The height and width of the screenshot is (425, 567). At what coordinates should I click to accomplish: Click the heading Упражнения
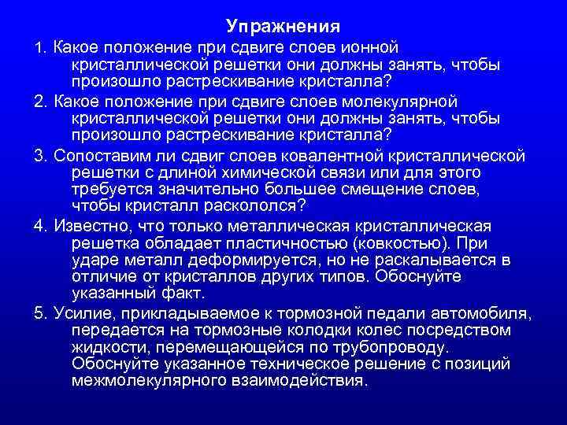[283, 27]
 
